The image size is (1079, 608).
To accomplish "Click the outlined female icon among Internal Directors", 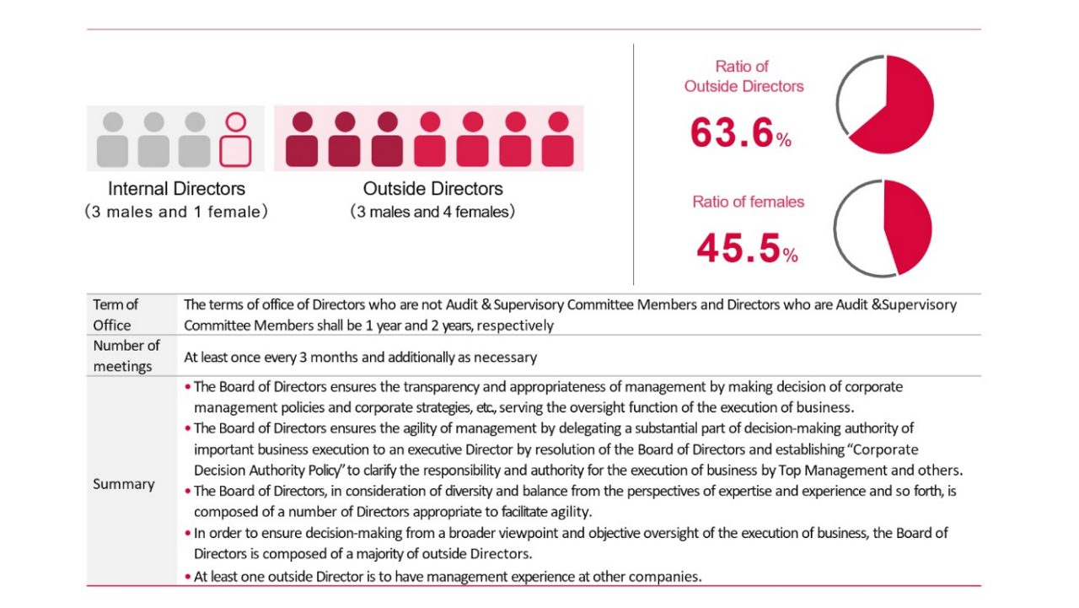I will (236, 140).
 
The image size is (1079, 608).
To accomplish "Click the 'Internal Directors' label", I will (176, 189).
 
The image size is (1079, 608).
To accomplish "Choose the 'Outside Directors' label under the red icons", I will (432, 189).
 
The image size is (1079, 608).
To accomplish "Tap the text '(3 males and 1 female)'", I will (176, 212).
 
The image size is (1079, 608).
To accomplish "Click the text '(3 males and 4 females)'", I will (432, 212).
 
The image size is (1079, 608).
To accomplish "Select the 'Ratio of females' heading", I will (748, 202).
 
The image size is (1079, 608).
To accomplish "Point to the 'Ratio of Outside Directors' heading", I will (743, 76).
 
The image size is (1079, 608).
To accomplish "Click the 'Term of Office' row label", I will (115, 315).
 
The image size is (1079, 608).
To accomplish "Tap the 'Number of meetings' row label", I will (126, 356).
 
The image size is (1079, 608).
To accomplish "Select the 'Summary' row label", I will (124, 484).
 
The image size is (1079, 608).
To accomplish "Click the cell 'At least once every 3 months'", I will (360, 357).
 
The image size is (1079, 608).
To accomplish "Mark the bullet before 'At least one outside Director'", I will (187, 578).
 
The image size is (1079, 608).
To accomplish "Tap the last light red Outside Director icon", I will (557, 140).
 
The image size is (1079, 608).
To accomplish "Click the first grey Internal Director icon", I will (113, 140).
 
